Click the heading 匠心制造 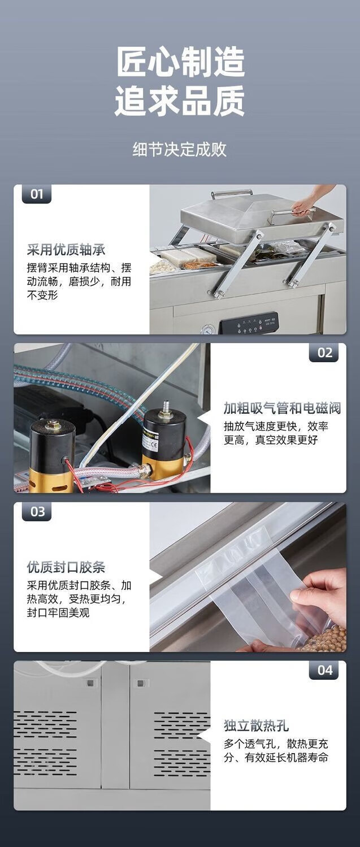(x=180, y=62)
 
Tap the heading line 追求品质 (x=180, y=101)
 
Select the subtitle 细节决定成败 (x=180, y=149)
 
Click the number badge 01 (x=37, y=194)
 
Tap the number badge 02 (x=324, y=353)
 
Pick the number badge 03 (x=37, y=511)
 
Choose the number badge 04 (x=324, y=670)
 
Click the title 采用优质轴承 (x=66, y=250)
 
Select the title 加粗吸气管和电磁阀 (x=282, y=409)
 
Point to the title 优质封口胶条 (x=66, y=567)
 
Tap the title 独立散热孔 (x=256, y=726)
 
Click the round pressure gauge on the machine (x=208, y=329)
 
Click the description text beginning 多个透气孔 (x=275, y=750)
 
